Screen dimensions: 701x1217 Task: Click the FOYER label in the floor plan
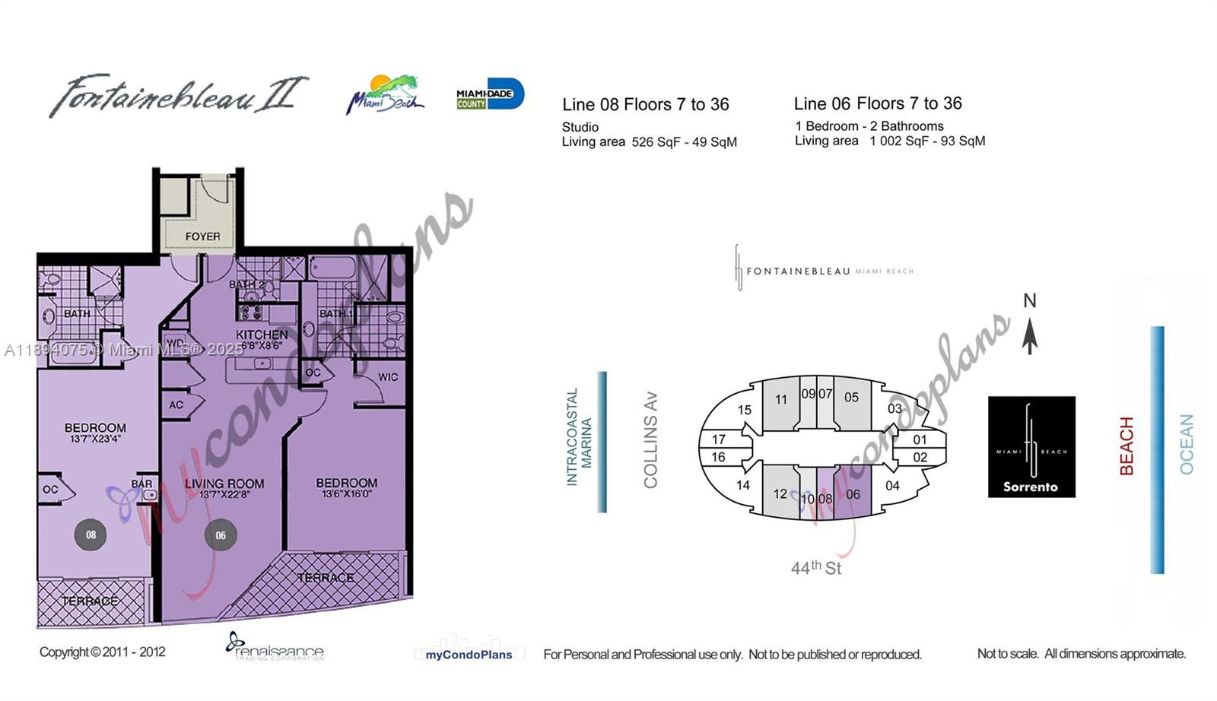pyautogui.click(x=202, y=236)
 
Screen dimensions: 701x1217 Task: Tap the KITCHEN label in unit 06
pyautogui.click(x=262, y=335)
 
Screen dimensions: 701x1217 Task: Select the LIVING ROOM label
pyautogui.click(x=224, y=484)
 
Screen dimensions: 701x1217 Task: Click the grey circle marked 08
pyautogui.click(x=91, y=534)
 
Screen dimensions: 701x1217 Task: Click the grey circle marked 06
pyautogui.click(x=221, y=535)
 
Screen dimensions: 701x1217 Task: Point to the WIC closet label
pyautogui.click(x=388, y=377)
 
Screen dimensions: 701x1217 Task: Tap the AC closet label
pyautogui.click(x=176, y=405)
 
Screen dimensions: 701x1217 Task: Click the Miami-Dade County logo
pyautogui.click(x=490, y=94)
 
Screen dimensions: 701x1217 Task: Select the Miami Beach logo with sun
pyautogui.click(x=386, y=95)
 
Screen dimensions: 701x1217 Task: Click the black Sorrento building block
pyautogui.click(x=1031, y=447)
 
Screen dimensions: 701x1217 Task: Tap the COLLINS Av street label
pyautogui.click(x=650, y=439)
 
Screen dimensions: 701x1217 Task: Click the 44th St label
pyautogui.click(x=815, y=568)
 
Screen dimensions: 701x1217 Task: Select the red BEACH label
pyautogui.click(x=1126, y=446)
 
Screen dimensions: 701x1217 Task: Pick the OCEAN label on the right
pyautogui.click(x=1187, y=444)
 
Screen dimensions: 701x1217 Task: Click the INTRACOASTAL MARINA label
pyautogui.click(x=579, y=436)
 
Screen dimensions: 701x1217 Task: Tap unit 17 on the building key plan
pyautogui.click(x=718, y=439)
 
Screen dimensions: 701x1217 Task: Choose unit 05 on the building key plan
pyautogui.click(x=851, y=397)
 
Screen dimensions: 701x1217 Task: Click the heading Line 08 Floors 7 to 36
pyautogui.click(x=645, y=105)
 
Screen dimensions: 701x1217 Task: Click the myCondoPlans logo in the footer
pyautogui.click(x=469, y=655)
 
